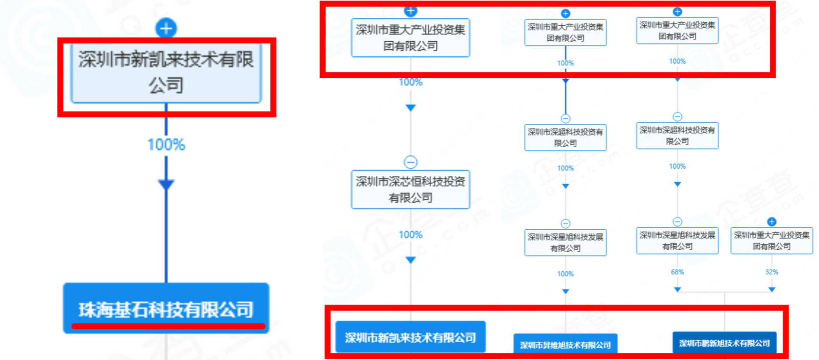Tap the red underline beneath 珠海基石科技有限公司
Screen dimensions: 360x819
click(x=168, y=326)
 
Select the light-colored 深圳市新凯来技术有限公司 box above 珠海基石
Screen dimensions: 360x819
click(x=166, y=73)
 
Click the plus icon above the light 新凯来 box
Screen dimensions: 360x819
click(x=166, y=28)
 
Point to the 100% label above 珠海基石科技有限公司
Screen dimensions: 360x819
click(x=166, y=144)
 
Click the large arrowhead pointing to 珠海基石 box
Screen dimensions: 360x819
click(x=166, y=184)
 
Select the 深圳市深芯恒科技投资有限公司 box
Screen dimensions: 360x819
click(x=410, y=189)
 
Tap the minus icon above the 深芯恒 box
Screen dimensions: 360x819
click(x=410, y=162)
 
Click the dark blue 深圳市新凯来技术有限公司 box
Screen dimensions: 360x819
click(x=410, y=337)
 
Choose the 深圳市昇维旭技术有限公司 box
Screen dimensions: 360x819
click(x=565, y=345)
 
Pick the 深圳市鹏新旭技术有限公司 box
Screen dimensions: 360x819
click(x=724, y=343)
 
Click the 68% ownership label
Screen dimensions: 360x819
click(x=677, y=272)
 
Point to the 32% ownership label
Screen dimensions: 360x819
click(x=771, y=272)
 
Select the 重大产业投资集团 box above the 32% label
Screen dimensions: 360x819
click(x=771, y=240)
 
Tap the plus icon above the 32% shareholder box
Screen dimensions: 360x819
click(x=771, y=222)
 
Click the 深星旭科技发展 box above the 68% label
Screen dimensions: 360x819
click(x=677, y=240)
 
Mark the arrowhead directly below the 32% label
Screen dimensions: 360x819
click(x=771, y=290)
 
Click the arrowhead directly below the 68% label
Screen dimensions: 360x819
click(x=677, y=290)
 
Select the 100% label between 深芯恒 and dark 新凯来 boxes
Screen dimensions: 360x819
click(x=410, y=235)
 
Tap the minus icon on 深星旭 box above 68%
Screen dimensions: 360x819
click(x=677, y=222)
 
